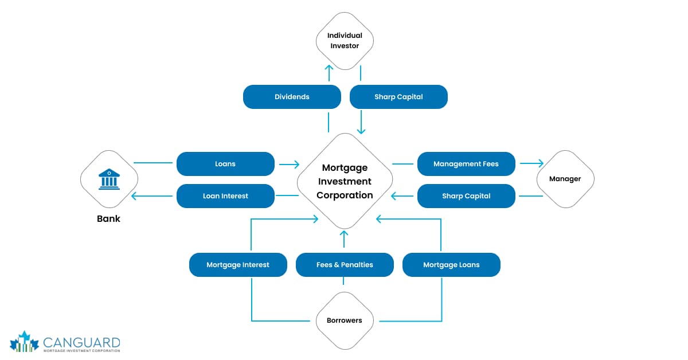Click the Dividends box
coord(292,97)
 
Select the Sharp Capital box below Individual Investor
coord(398,97)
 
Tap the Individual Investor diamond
coord(345,40)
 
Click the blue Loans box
coord(225,164)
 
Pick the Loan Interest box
coord(225,196)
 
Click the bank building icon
coord(108,178)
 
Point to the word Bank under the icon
coord(108,218)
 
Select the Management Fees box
coord(466,164)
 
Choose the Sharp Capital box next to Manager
coord(466,196)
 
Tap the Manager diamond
coord(565,179)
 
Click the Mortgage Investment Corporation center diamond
coord(345,181)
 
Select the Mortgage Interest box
coord(238,265)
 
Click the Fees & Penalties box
coord(345,265)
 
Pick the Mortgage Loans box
coord(451,265)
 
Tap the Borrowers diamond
coord(345,320)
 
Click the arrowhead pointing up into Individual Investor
coord(329,68)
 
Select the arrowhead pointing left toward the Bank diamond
coord(135,196)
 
